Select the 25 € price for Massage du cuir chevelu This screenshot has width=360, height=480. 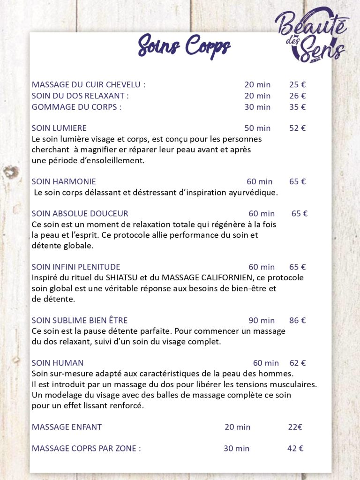pyautogui.click(x=297, y=85)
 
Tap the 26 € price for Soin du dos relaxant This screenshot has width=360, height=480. pyautogui.click(x=297, y=96)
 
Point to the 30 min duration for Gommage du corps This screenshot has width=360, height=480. pyautogui.click(x=257, y=107)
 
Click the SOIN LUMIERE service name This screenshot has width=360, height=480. pyautogui.click(x=59, y=128)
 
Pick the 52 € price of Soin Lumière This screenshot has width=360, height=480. pyautogui.click(x=297, y=128)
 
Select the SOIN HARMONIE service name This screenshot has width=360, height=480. pyautogui.click(x=64, y=181)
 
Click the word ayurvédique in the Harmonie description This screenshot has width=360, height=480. pyautogui.click(x=253, y=192)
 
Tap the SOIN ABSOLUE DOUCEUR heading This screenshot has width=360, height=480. pyautogui.click(x=80, y=214)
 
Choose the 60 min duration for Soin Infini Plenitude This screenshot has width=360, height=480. pyautogui.click(x=262, y=267)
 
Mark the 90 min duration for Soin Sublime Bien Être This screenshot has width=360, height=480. pyautogui.click(x=262, y=321)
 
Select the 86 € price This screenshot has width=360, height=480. pyautogui.click(x=297, y=321)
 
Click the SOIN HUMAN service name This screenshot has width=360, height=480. pyautogui.click(x=58, y=363)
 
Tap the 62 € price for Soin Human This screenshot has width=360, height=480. pyautogui.click(x=297, y=363)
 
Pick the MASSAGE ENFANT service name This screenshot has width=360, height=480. pyautogui.click(x=67, y=427)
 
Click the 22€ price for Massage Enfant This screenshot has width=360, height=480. pyautogui.click(x=295, y=427)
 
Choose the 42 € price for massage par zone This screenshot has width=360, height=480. pyautogui.click(x=295, y=449)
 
